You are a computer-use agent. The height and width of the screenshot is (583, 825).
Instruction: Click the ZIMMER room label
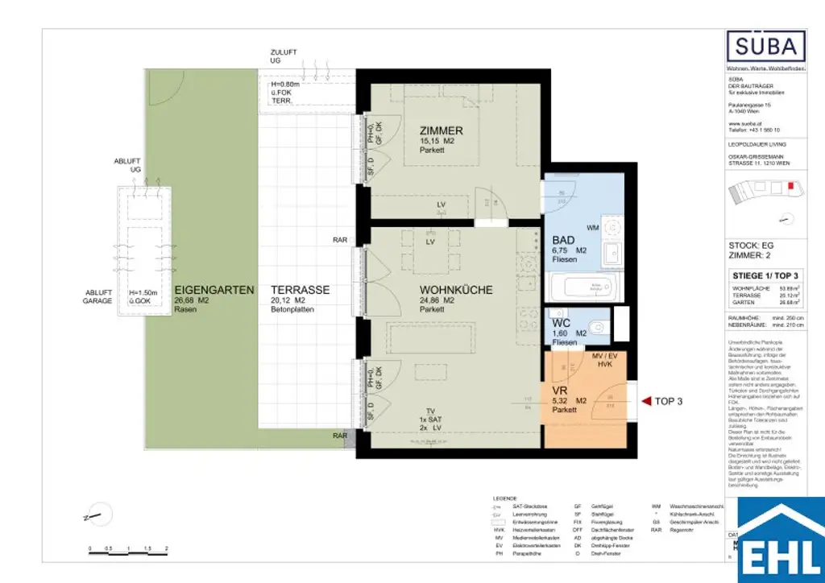(442, 130)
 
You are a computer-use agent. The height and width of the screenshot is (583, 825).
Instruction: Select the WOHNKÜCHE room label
(455, 290)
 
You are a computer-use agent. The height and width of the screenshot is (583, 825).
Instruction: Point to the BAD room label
(563, 240)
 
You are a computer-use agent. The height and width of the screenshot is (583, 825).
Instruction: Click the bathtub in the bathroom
(583, 286)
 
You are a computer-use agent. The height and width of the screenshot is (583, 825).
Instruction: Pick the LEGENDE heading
(504, 498)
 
